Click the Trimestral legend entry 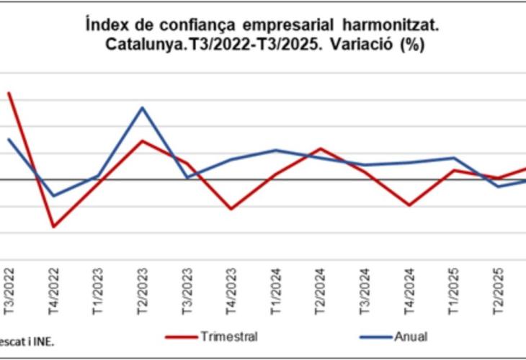point(228,336)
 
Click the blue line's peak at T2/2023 point(143,108)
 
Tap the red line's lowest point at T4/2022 point(53,227)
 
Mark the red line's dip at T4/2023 point(231,209)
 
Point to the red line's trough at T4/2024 point(409,205)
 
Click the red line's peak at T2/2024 point(320,149)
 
